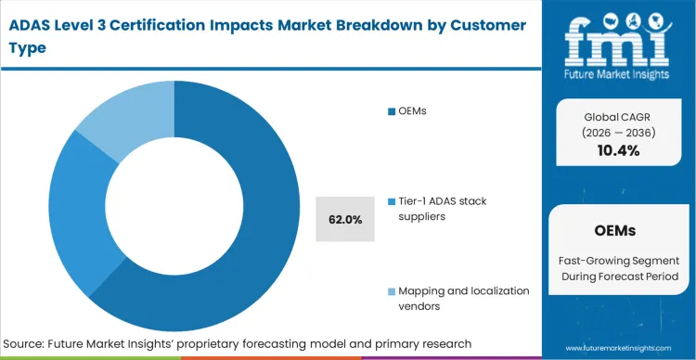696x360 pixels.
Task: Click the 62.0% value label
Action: coord(345,219)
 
